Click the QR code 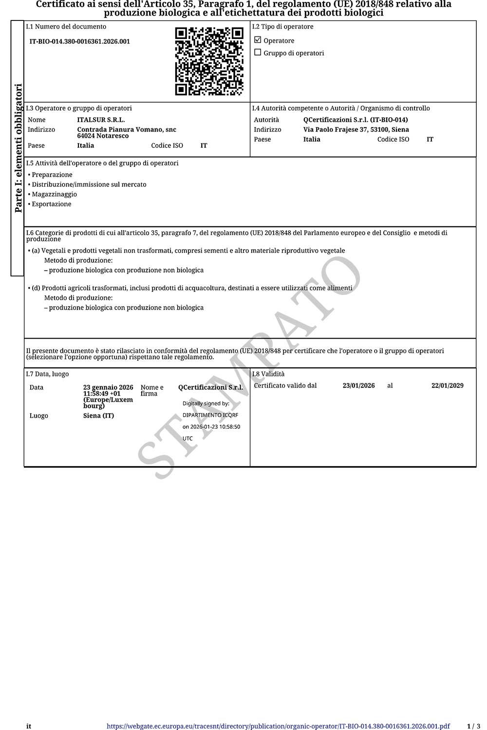click(209, 61)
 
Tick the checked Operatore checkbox click(258, 40)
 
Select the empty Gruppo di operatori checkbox click(258, 53)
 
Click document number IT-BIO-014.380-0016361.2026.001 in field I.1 click(79, 41)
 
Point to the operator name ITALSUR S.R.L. click(101, 120)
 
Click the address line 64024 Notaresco click(103, 136)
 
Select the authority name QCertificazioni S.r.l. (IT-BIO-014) click(356, 120)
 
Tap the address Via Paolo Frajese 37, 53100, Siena click(356, 129)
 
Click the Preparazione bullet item click(52, 175)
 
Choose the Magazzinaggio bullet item click(54, 194)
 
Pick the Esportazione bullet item click(51, 204)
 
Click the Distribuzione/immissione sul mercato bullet click(89, 184)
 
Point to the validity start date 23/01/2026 click(358, 385)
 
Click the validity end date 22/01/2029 click(447, 385)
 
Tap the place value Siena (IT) click(98, 416)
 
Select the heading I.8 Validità click(268, 374)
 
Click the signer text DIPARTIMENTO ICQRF click(210, 415)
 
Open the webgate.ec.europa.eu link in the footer click(278, 726)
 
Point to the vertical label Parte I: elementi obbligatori click(18, 148)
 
